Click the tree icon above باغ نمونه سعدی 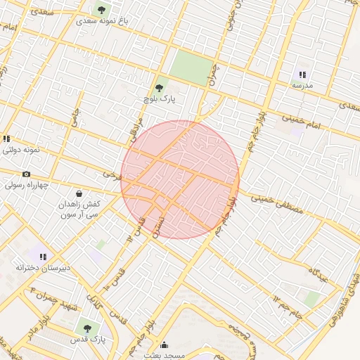[102, 10]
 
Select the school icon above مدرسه [303, 75]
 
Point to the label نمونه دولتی [22, 150]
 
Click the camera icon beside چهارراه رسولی [26, 174]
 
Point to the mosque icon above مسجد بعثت [165, 345]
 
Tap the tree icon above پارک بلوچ [159, 89]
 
